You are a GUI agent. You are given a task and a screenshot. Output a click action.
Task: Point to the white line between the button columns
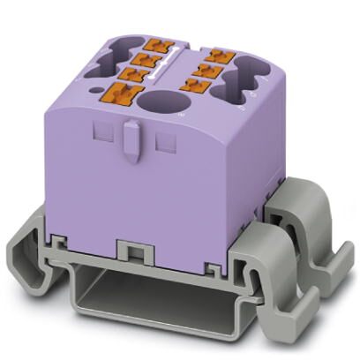point(176,62)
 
